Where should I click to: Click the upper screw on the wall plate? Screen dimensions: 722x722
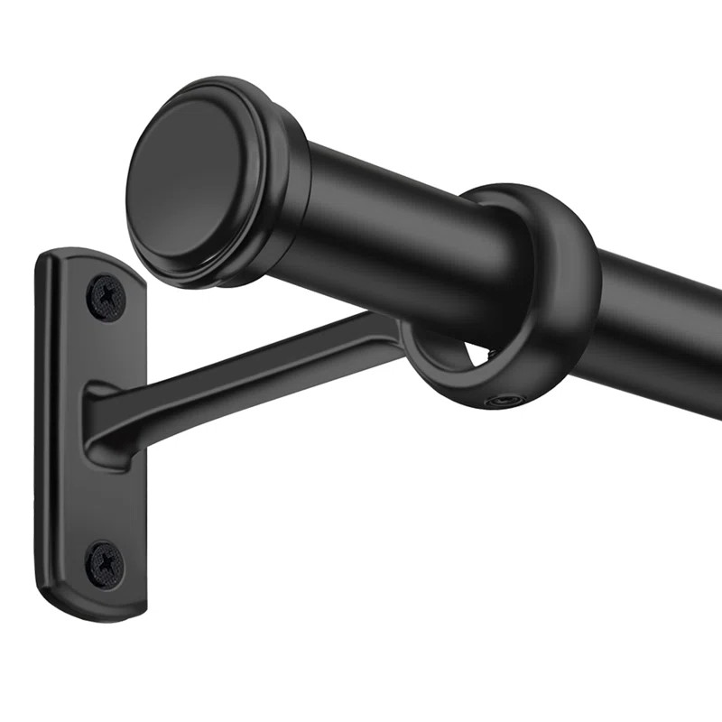[106, 295]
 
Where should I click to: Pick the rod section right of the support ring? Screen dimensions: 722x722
[659, 316]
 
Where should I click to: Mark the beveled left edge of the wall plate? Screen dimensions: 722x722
[43, 433]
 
